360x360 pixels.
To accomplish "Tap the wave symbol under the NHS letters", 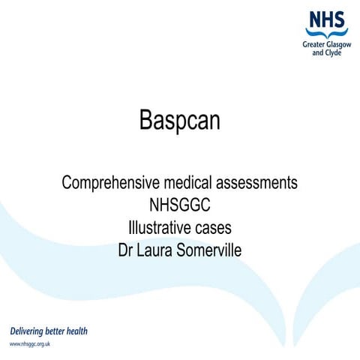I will pyautogui.click(x=327, y=33).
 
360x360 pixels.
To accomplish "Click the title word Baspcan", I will pyautogui.click(x=180, y=120).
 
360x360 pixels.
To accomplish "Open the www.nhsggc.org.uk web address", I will pyautogui.click(x=34, y=343).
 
